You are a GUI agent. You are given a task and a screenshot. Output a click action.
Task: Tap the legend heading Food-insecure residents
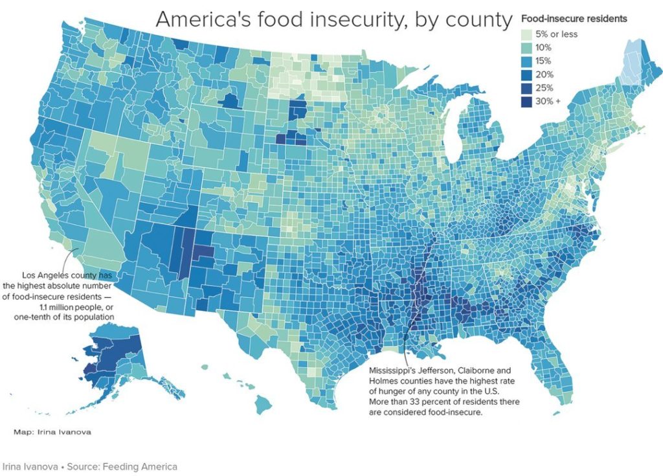(x=574, y=19)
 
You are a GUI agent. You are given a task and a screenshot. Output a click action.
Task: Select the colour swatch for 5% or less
(x=526, y=34)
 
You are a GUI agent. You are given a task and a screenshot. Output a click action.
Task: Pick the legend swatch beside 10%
(x=526, y=48)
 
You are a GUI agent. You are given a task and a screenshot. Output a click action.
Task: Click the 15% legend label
(x=543, y=61)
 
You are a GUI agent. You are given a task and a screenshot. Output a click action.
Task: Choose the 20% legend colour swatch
(x=526, y=74)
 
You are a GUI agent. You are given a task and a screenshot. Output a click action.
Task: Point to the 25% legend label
(x=544, y=88)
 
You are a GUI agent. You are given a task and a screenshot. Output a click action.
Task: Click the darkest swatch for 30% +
(x=526, y=102)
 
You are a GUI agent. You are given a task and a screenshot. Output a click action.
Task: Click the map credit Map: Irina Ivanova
(x=52, y=432)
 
